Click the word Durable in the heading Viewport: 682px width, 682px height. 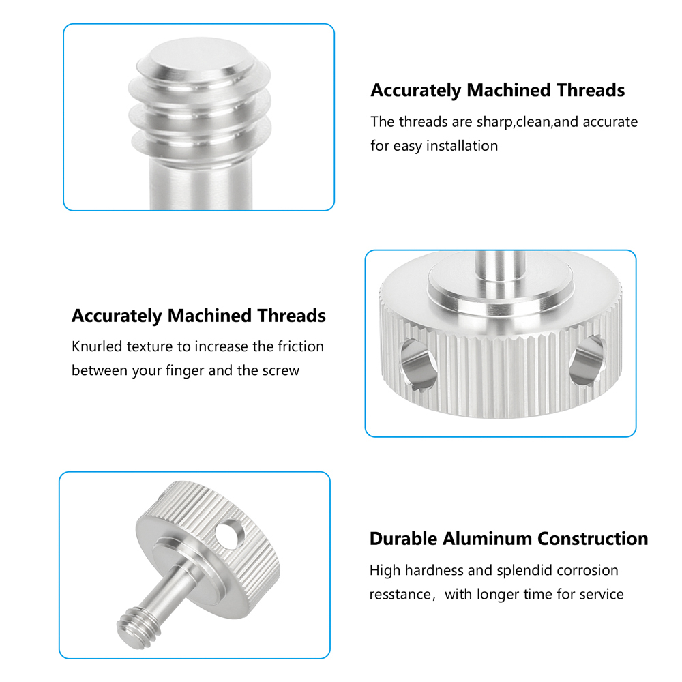(x=403, y=539)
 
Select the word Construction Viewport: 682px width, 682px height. (x=593, y=539)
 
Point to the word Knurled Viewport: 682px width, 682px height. (x=97, y=346)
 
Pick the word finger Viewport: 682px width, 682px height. (x=185, y=370)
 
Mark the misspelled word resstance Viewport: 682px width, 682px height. (x=400, y=595)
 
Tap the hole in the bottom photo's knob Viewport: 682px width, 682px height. (x=230, y=534)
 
